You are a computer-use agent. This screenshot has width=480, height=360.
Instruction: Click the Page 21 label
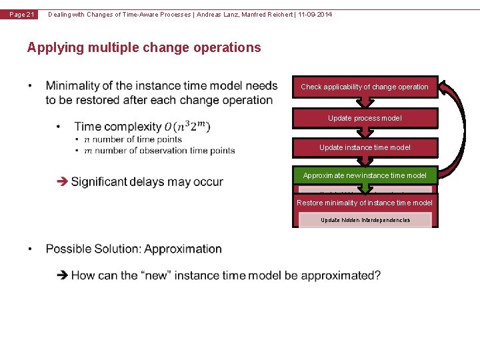tap(22, 15)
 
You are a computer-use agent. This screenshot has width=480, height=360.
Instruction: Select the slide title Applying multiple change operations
tap(144, 47)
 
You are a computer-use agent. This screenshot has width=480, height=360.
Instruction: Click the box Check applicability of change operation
tap(365, 87)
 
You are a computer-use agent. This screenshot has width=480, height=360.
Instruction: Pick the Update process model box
tap(365, 118)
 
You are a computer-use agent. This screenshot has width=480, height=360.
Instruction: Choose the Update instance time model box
tap(365, 147)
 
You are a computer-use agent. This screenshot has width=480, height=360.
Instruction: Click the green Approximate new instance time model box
tap(365, 175)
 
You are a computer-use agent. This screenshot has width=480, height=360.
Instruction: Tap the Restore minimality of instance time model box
tap(365, 203)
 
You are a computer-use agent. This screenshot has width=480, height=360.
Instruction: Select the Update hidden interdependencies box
tap(365, 220)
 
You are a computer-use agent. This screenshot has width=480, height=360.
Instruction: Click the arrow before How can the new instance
tap(63, 275)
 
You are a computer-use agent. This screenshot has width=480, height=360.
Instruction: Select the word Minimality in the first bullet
tap(73, 86)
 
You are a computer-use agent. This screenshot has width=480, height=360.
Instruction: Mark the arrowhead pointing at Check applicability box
tap(445, 87)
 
